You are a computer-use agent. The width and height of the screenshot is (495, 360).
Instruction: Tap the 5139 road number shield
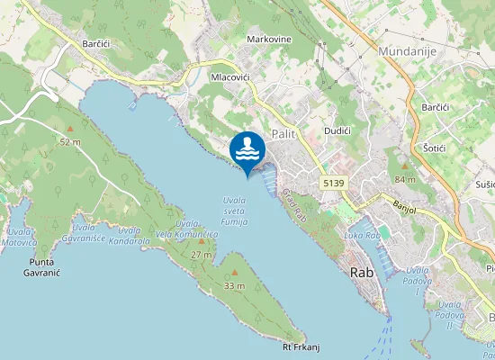coord(333,183)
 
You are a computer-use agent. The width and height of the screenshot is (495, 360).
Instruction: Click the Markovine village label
coord(269,40)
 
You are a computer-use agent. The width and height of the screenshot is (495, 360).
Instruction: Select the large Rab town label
coord(362,271)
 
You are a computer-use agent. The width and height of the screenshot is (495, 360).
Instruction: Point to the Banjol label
coord(408,203)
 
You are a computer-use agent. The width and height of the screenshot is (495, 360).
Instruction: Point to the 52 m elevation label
coord(69,142)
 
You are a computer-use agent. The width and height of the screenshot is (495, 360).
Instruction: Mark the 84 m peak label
coord(405,179)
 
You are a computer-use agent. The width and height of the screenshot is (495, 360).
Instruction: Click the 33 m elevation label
coord(234,285)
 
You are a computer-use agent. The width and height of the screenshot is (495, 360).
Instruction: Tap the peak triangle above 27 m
coord(201,241)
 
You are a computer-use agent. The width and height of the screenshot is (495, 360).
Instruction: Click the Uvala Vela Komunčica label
coord(186,229)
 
